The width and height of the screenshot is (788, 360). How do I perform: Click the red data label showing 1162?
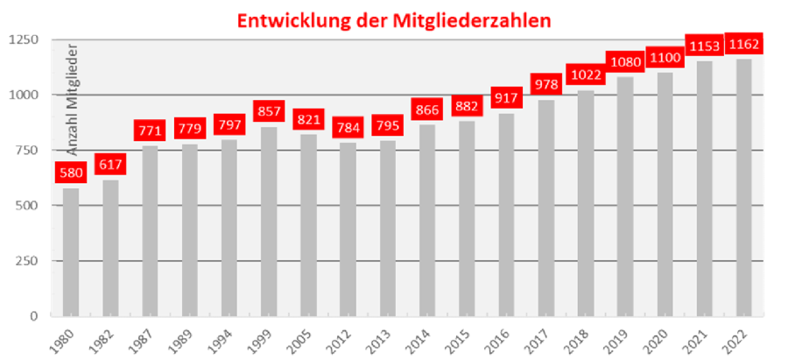pos(743,43)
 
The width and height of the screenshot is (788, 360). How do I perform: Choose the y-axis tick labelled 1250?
pos(26,40)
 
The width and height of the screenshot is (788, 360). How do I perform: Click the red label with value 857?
pos(269,111)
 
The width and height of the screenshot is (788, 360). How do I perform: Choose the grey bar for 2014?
pos(427,220)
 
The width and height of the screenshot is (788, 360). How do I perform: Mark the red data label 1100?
pos(665,57)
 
